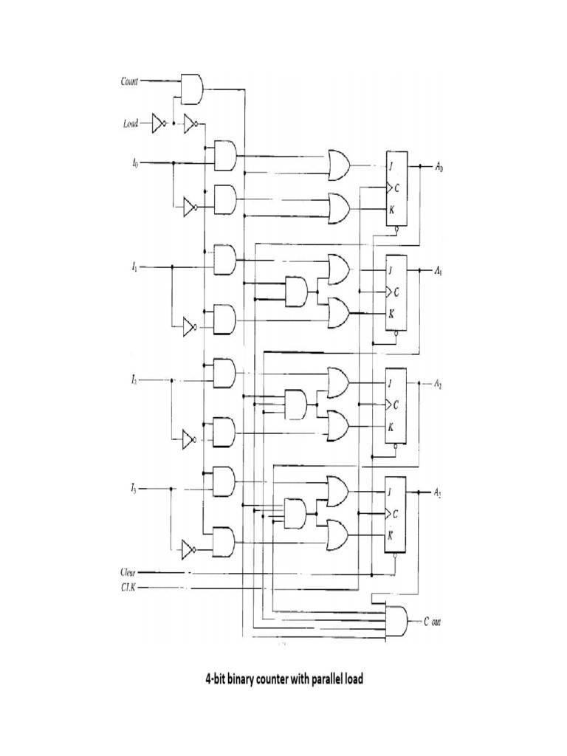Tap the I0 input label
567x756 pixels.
(x=134, y=162)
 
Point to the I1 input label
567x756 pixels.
(x=134, y=268)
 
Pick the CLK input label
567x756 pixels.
(x=128, y=588)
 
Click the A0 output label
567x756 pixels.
(x=439, y=168)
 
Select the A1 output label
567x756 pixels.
(x=439, y=271)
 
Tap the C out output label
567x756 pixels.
(x=433, y=622)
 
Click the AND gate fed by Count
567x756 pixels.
(x=192, y=87)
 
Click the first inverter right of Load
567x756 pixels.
(x=158, y=123)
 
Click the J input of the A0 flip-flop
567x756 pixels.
(x=391, y=164)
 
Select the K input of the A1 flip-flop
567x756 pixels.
(x=391, y=314)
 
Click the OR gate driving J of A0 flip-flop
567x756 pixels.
(x=339, y=165)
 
